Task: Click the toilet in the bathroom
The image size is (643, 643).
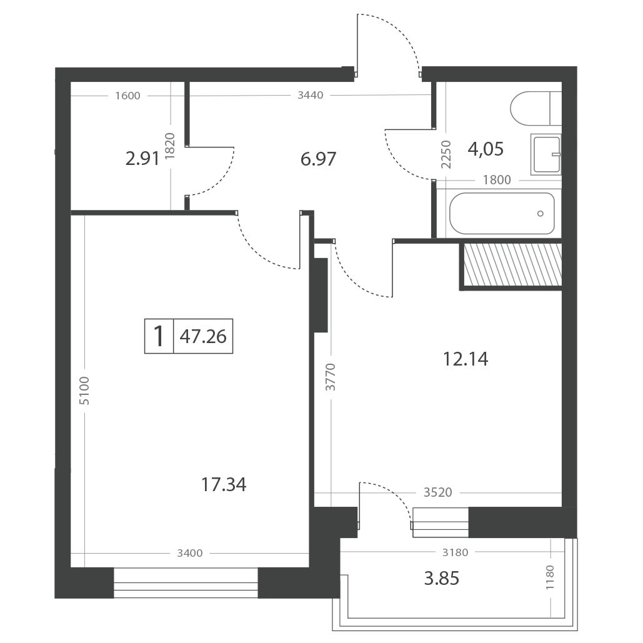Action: click(x=536, y=109)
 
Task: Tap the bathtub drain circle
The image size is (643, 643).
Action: click(x=540, y=213)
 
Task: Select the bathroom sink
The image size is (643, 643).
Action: click(x=546, y=154)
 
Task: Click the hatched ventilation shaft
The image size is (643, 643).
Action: click(x=512, y=264)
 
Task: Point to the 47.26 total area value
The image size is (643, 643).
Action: click(x=203, y=336)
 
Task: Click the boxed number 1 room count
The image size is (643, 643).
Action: click(x=159, y=336)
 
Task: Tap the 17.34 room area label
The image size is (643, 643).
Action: click(x=224, y=485)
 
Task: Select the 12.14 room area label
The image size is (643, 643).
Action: click(x=466, y=359)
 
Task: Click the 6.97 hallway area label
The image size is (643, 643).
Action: click(x=318, y=159)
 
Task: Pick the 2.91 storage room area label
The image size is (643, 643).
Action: click(x=142, y=159)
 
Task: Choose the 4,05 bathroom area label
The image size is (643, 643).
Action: click(x=486, y=149)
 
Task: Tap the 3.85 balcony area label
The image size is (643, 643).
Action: click(x=442, y=578)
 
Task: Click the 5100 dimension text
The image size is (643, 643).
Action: click(x=84, y=391)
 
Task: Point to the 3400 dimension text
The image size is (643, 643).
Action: click(x=190, y=553)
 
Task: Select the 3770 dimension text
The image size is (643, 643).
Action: click(x=330, y=376)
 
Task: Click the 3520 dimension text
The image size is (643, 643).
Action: click(x=437, y=492)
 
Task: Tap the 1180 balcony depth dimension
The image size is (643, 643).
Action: click(x=550, y=577)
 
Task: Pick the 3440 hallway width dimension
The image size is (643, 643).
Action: click(x=311, y=95)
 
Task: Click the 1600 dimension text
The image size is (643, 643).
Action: click(x=127, y=96)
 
